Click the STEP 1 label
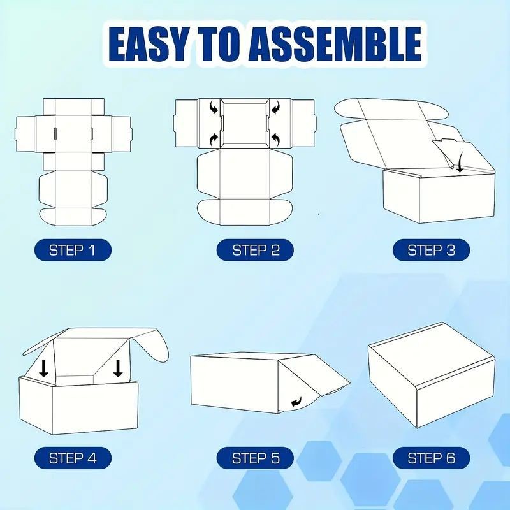[73, 250]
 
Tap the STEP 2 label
[256, 250]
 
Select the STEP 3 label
[432, 250]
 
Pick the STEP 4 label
[73, 458]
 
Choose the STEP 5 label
[256, 458]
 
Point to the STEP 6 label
[432, 458]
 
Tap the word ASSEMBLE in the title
[336, 45]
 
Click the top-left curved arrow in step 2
[214, 108]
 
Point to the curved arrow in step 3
[460, 164]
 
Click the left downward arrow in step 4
[43, 368]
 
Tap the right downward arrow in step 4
[118, 368]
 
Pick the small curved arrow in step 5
[296, 402]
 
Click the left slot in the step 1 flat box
[55, 133]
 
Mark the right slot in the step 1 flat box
[92, 133]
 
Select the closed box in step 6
[432, 375]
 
